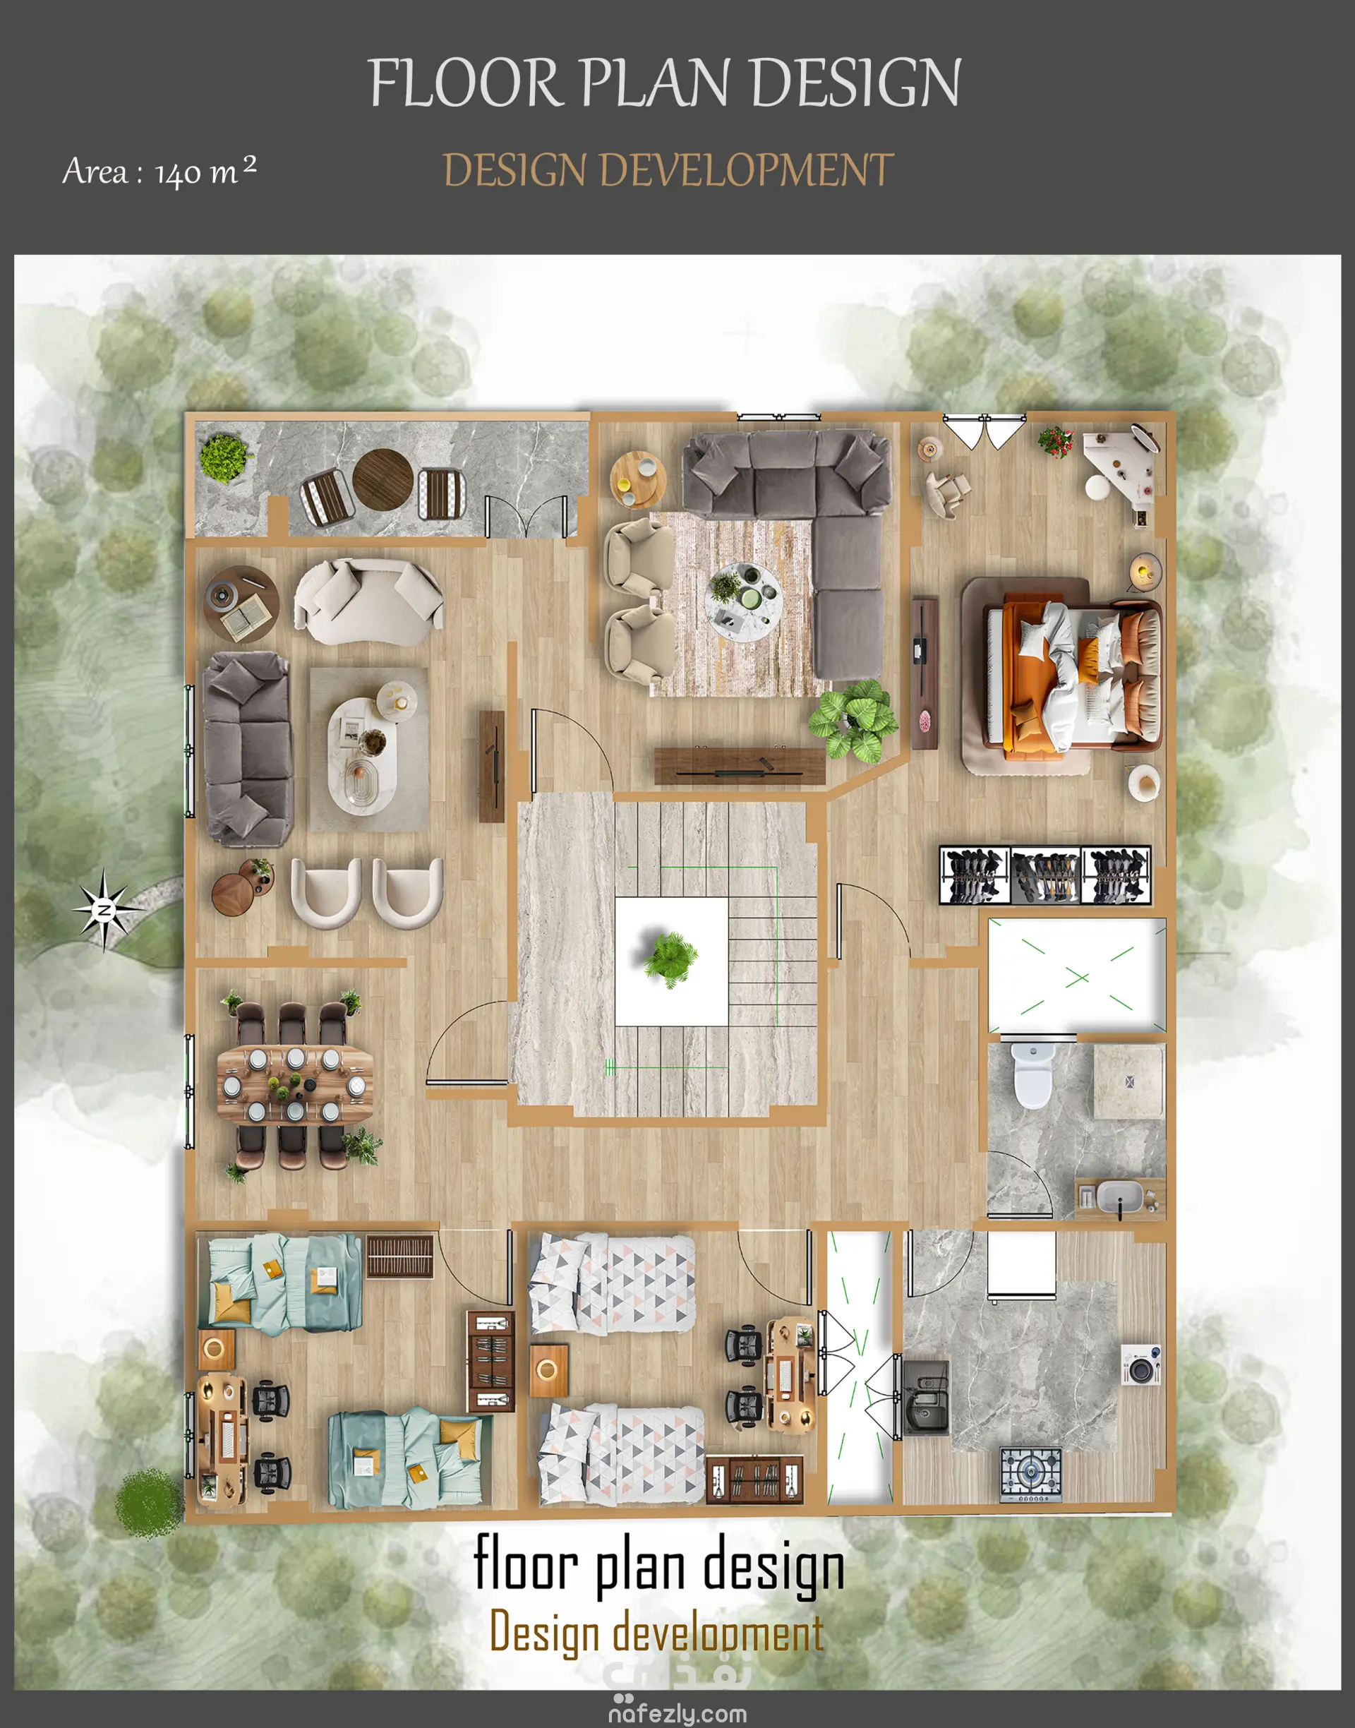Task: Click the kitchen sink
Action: (926, 1397)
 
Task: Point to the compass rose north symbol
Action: (104, 909)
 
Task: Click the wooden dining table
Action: (295, 1084)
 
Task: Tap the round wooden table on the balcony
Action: (383, 479)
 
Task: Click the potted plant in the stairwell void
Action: (671, 959)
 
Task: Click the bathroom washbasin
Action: (1119, 1196)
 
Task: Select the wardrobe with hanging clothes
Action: (1044, 875)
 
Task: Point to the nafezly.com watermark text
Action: (677, 1714)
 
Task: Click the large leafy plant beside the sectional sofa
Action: (854, 719)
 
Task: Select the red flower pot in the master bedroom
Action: (1056, 442)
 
